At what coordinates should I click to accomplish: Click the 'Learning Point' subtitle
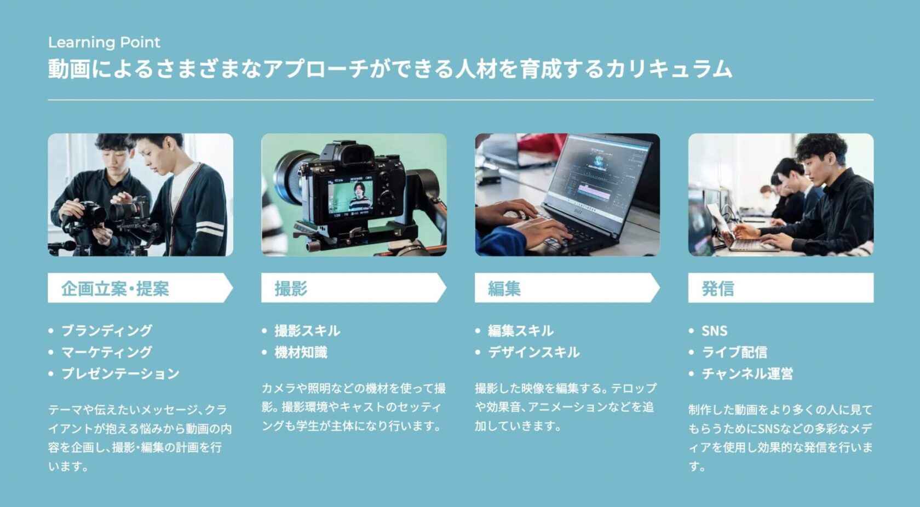pos(104,42)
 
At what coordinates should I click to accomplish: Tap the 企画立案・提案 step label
pos(115,289)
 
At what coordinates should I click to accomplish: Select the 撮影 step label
pos(291,289)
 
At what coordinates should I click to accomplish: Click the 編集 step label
pos(504,289)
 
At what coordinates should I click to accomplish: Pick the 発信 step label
pos(717,289)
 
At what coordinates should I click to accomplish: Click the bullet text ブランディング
pos(107,331)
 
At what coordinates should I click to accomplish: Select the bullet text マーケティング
pos(107,352)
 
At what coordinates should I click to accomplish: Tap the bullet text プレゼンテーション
pos(120,373)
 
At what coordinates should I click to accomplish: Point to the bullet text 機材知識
pos(301,352)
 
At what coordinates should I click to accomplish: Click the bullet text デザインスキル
pos(534,352)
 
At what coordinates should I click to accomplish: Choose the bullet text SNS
pos(714,331)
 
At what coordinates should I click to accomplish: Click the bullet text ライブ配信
pos(734,352)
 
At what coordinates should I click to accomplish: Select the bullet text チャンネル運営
pos(747,373)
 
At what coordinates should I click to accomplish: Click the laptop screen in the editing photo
pos(600,169)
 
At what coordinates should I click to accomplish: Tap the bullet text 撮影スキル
pos(307,331)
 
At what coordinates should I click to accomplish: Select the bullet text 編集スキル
pos(521,331)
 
